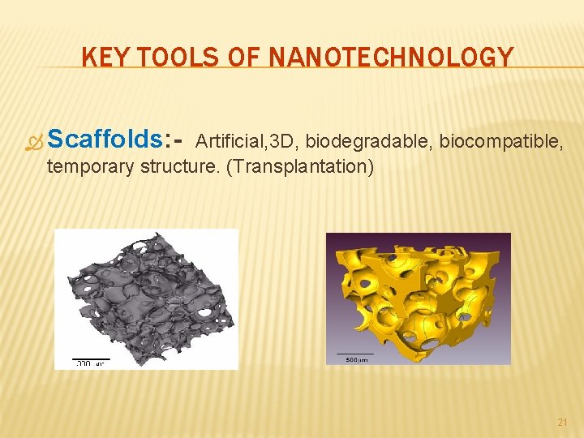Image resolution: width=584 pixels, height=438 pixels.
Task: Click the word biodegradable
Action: (368, 143)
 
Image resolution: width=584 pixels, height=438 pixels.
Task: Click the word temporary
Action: (91, 169)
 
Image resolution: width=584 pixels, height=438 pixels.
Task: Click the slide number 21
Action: (563, 423)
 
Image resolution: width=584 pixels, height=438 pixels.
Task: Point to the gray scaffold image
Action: (146, 296)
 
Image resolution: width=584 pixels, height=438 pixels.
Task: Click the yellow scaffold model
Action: (418, 292)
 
